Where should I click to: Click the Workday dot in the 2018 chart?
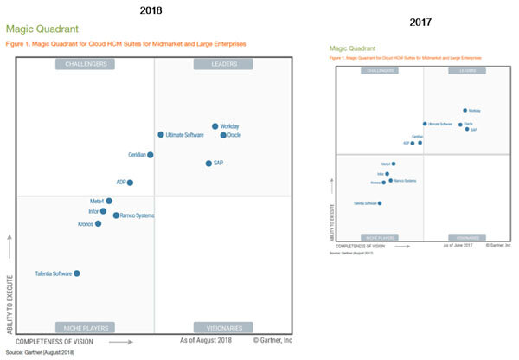pos(215,126)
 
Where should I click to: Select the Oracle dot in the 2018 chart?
pos(223,135)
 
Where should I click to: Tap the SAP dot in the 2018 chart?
pos(208,164)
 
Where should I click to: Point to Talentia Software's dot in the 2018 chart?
pos(77,273)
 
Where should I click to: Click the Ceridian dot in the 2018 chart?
pos(151,155)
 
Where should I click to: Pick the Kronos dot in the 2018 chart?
pos(98,223)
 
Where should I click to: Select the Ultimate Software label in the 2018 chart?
pos(185,135)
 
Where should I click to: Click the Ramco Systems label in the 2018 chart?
pos(138,215)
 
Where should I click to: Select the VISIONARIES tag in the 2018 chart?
pos(223,328)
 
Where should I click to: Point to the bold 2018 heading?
pos(151,10)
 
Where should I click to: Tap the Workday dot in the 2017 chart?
pos(465,111)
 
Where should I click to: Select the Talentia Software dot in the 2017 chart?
pos(380,203)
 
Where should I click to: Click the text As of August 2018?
pos(213,341)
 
